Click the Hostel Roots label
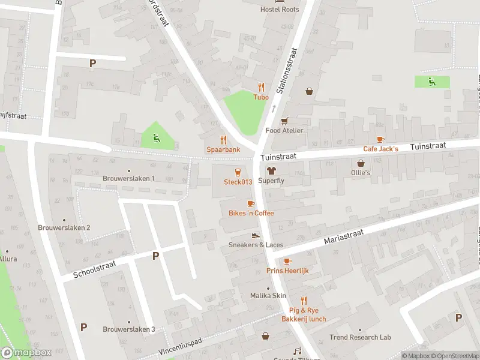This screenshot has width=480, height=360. pos(279,9)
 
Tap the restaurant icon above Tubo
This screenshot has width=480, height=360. pos(261,87)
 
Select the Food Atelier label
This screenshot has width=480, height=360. pos(284,130)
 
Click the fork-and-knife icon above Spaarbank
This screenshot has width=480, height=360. pos(224,139)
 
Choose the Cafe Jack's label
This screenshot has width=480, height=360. pos(380,148)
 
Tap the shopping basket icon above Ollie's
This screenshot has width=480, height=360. pos(361,163)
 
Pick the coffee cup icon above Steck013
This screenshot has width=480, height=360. pos(238,172)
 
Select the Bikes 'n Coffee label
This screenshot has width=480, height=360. pos(251,213)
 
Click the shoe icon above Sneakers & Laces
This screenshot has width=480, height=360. pos(256,236)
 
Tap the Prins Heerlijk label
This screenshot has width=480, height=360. pos(287,271)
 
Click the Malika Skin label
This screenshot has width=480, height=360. pos(268,296)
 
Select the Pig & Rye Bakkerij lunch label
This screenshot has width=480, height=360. pos(304,314)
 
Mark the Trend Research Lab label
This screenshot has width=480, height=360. pos(360,337)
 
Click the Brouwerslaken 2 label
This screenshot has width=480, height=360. pos(64,227)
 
